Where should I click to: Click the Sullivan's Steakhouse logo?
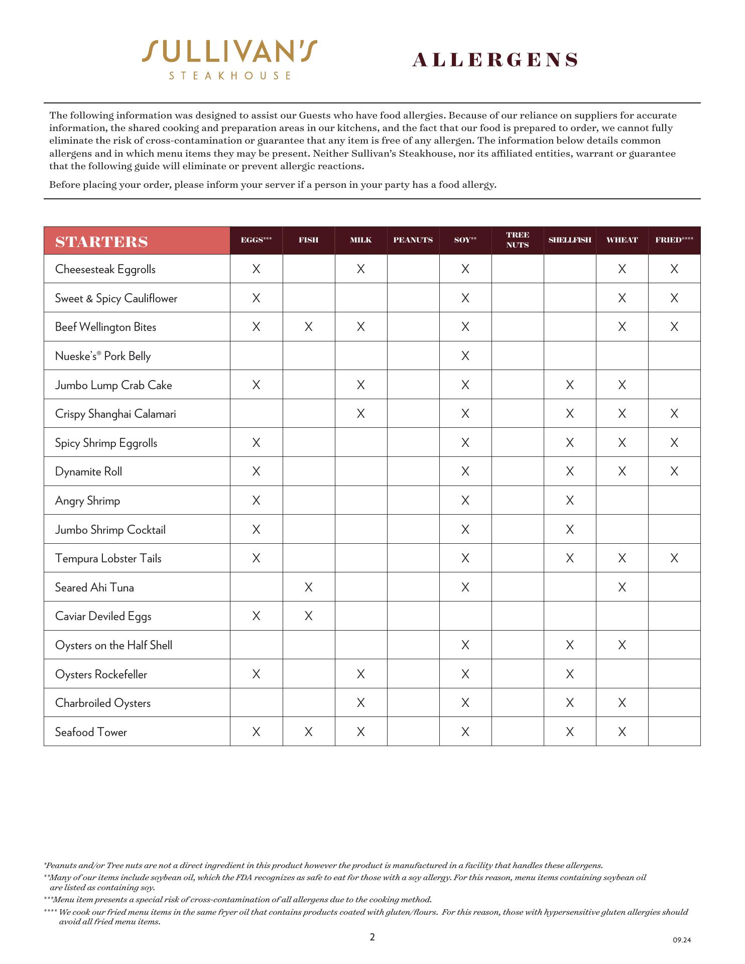(229, 59)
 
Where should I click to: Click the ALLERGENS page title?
(495, 60)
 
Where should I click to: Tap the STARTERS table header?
(102, 242)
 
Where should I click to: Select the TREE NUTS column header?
(518, 240)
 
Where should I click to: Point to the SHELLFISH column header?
(570, 240)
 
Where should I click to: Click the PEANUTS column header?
(413, 240)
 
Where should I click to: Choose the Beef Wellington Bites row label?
(106, 327)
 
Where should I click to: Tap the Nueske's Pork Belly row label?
(103, 356)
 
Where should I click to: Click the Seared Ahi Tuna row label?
(94, 588)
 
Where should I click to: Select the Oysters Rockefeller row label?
(101, 674)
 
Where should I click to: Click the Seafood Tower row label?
(91, 733)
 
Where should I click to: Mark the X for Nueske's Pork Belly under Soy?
(465, 356)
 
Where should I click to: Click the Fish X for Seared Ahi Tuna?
(309, 587)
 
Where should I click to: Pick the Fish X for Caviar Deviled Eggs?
(309, 616)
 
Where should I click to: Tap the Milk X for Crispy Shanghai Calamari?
(361, 414)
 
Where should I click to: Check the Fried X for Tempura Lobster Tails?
(674, 558)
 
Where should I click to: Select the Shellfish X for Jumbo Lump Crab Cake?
(570, 385)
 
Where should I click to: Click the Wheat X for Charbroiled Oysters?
(622, 703)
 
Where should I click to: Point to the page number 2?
(372, 937)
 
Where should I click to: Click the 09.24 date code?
(682, 940)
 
